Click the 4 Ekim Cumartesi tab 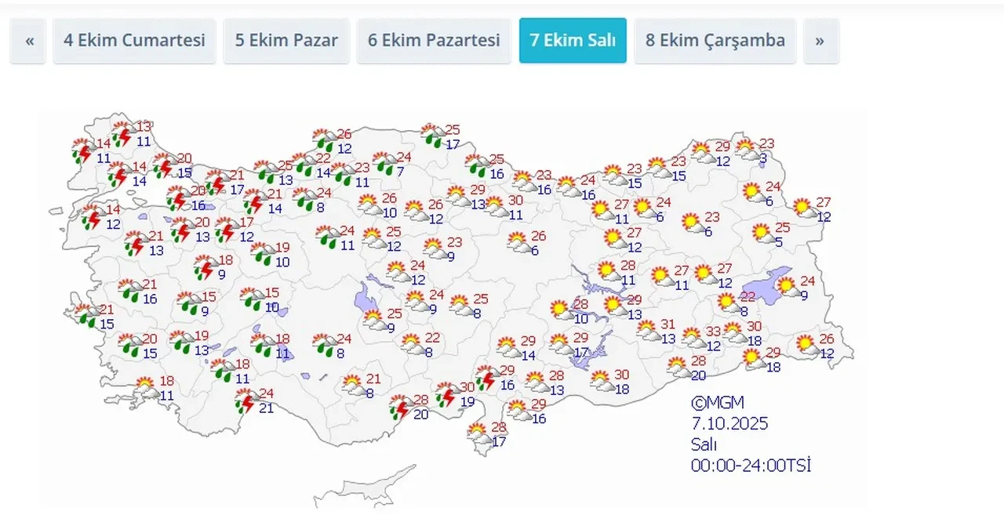point(133,40)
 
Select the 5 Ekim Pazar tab point(286,40)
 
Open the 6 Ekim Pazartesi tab point(434,40)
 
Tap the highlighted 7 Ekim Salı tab point(573,40)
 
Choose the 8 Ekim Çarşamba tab point(715,40)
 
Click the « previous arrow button point(30,40)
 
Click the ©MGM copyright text point(717,403)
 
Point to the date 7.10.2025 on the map point(729,424)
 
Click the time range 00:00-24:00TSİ point(751,465)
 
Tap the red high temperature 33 point(713,332)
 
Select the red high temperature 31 point(668,324)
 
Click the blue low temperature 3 point(763,158)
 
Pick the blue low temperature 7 point(400,172)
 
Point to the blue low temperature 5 point(779,242)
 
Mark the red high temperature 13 point(144,127)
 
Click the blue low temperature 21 point(267,408)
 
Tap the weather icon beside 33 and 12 point(693,338)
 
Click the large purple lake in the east point(766,285)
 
